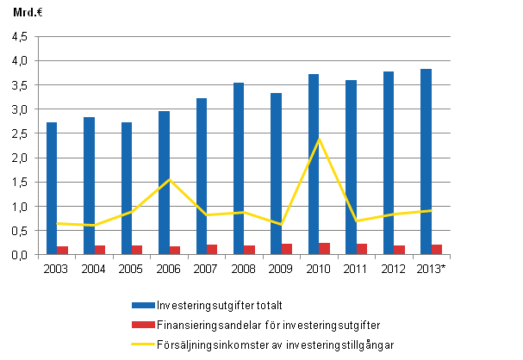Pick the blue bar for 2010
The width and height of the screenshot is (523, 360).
(x=314, y=164)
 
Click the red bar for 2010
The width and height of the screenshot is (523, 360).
(x=324, y=249)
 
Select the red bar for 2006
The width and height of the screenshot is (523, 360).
(x=175, y=251)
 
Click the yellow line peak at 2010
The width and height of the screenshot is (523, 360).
(x=319, y=139)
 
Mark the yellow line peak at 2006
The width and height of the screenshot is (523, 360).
(x=170, y=179)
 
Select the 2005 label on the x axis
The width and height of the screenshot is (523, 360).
(x=132, y=268)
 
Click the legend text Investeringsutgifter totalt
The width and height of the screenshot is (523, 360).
(x=219, y=306)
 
